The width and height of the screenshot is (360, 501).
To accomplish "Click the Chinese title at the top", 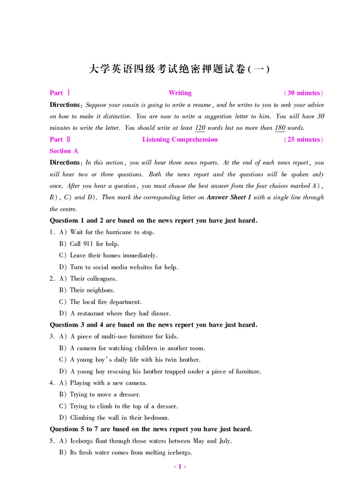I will pos(180,69).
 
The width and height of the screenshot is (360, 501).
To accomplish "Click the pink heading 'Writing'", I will pos(180,93).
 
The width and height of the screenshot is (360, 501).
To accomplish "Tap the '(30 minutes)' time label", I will pos(304,93).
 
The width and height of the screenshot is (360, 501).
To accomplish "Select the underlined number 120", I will pos(200,128).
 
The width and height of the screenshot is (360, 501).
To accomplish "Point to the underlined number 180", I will pos(280,128).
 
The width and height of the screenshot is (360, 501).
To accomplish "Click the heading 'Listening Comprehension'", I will pos(180,139).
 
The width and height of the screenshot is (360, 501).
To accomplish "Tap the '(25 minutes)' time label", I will pos(304,139).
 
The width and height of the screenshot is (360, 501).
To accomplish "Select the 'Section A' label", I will pos(63,151).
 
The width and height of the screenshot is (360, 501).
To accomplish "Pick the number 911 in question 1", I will pos(88,244).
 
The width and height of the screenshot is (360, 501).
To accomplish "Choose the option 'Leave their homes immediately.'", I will pos(113,255).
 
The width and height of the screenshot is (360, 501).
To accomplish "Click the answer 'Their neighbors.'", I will pos(92,291).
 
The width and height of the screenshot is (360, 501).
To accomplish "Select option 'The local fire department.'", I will pos(106,302).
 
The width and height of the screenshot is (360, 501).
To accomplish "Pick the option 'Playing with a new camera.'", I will pos(108,383).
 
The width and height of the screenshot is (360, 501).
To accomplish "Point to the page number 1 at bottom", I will pos(180,467).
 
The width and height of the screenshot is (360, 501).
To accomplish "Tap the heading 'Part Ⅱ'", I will pos(59,139).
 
